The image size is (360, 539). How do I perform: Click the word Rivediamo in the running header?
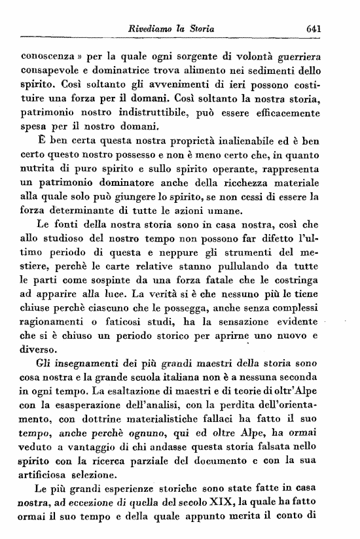point(154,29)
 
